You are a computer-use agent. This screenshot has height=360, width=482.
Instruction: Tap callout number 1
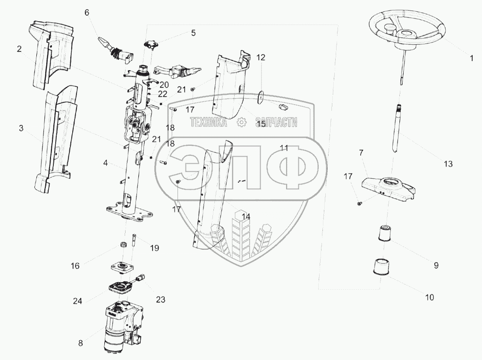coord(471,59)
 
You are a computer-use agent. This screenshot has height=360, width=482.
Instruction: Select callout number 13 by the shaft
coord(448,164)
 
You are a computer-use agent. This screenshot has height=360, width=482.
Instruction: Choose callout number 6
coord(87,13)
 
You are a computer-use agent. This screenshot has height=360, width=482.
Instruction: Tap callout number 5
coord(193,33)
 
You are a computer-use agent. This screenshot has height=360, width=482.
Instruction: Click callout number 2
coord(19,49)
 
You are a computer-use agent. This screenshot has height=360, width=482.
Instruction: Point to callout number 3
coord(21,128)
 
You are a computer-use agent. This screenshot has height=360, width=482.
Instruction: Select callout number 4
coord(106,163)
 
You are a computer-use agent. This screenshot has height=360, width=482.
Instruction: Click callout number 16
coord(76,266)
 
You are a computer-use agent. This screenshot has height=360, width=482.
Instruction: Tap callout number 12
coord(261,58)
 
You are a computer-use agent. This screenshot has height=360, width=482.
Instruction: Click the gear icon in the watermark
coord(241,123)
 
